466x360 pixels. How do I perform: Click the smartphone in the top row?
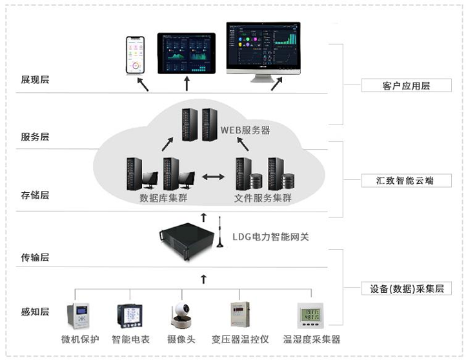point(135,56)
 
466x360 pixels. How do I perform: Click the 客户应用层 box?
point(396,86)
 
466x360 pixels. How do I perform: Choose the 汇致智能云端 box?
point(396,181)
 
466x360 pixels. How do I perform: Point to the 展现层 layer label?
point(35,80)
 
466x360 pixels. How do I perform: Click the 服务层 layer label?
point(35,137)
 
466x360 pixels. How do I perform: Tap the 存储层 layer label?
point(35,195)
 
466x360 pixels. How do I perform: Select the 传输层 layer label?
point(35,257)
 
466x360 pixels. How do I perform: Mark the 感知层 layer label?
point(35,312)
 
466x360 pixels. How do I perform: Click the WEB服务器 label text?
point(245,130)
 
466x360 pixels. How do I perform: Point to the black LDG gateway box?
point(188,239)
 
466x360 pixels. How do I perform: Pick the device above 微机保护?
point(77,315)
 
